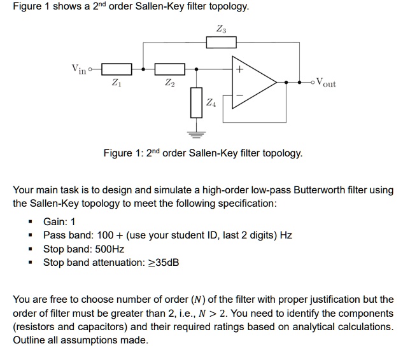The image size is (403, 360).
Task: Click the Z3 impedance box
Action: [x=221, y=42]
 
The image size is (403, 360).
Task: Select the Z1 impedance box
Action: [x=116, y=69]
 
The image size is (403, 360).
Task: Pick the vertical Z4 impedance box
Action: [x=195, y=103]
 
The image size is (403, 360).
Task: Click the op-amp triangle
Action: [x=255, y=81]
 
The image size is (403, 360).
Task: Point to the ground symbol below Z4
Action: [x=195, y=134]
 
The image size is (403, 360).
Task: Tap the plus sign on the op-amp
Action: [x=239, y=70]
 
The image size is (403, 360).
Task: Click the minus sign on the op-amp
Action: [x=239, y=95]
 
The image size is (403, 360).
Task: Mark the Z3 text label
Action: [x=221, y=28]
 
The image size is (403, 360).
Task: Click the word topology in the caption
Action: [x=282, y=153]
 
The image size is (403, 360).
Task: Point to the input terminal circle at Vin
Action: [x=90, y=69]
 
